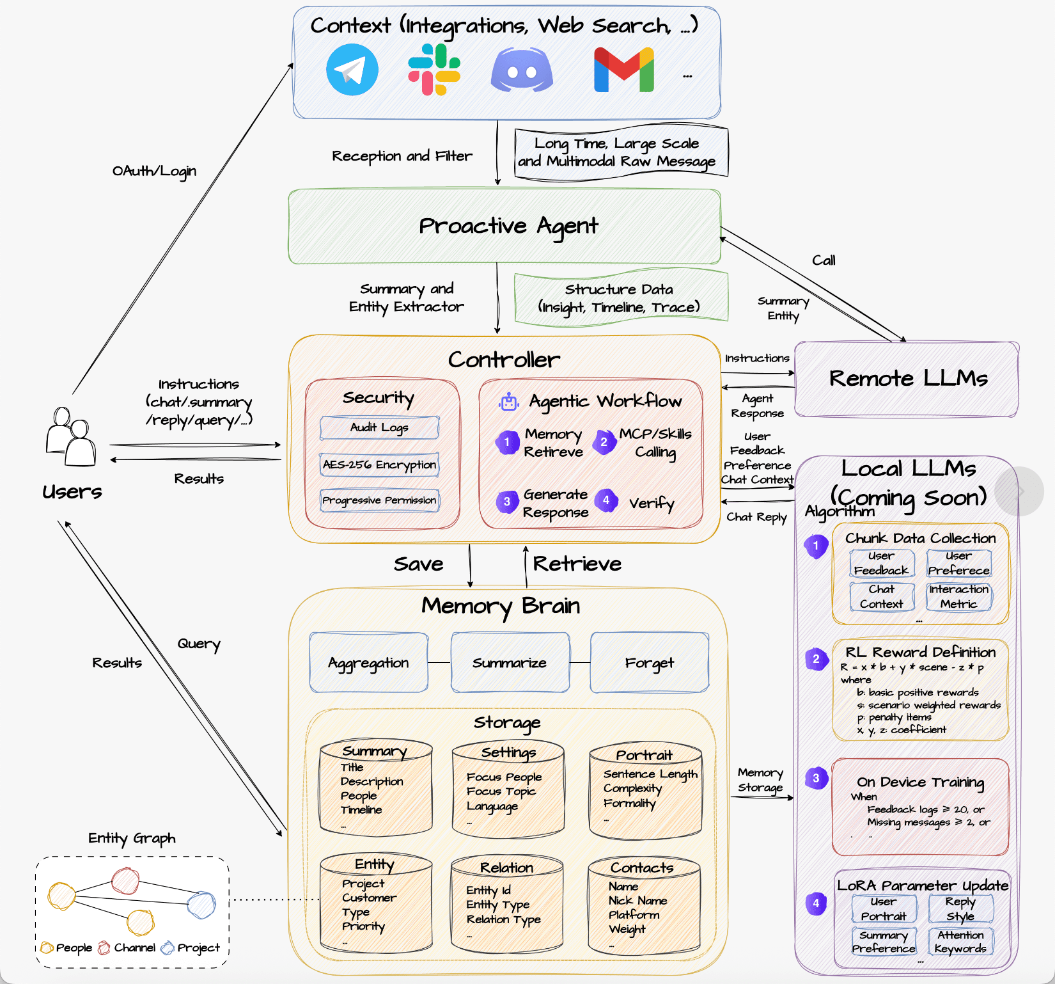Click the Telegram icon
point(352,70)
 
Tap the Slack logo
point(435,70)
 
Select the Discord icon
point(522,70)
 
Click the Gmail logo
point(624,70)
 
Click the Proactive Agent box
point(504,226)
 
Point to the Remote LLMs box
point(907,379)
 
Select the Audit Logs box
point(379,427)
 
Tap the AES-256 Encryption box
point(379,464)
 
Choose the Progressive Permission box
point(379,500)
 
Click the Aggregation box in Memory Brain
point(369,663)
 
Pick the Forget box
point(650,663)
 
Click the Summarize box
point(510,663)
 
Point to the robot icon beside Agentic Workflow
point(509,402)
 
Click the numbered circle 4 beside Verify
point(606,501)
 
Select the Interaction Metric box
point(959,596)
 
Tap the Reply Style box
point(961,909)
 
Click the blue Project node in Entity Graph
point(201,905)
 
